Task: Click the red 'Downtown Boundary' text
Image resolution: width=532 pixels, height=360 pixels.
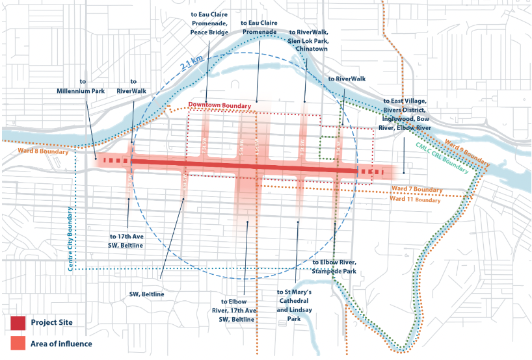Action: coord(219,105)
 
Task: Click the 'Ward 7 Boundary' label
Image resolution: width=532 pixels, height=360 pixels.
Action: coord(416,190)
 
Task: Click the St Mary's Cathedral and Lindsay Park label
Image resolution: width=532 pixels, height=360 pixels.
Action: coord(295,305)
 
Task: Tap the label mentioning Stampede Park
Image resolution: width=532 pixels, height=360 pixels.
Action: coord(334,266)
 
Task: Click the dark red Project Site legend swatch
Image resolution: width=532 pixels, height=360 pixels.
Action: coord(18,322)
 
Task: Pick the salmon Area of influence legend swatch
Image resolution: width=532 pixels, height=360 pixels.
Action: coord(18,343)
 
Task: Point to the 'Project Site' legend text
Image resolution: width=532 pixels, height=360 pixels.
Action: coord(51,322)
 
